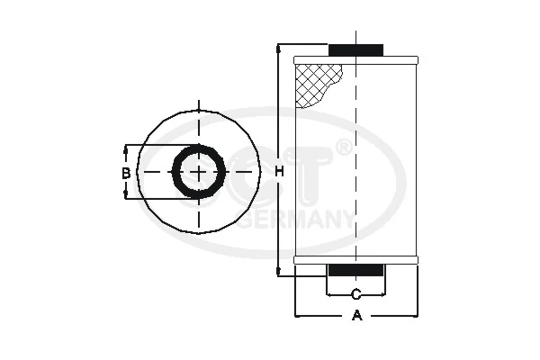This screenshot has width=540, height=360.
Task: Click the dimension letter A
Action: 356,316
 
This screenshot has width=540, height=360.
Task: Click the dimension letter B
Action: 127,172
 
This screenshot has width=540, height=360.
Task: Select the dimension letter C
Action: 356,294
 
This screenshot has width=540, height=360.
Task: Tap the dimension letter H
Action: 280,172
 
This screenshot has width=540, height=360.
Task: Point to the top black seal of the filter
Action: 356,49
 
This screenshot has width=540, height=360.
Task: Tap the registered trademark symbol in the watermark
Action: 343,147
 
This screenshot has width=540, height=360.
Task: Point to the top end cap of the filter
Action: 356,59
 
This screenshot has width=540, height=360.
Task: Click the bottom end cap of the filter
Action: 356,260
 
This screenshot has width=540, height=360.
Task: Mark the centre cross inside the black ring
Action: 197,172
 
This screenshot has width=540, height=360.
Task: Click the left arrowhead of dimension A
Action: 299,316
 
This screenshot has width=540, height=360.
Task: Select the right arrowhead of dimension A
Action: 415,316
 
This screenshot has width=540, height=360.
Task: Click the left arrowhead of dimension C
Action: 329,294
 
